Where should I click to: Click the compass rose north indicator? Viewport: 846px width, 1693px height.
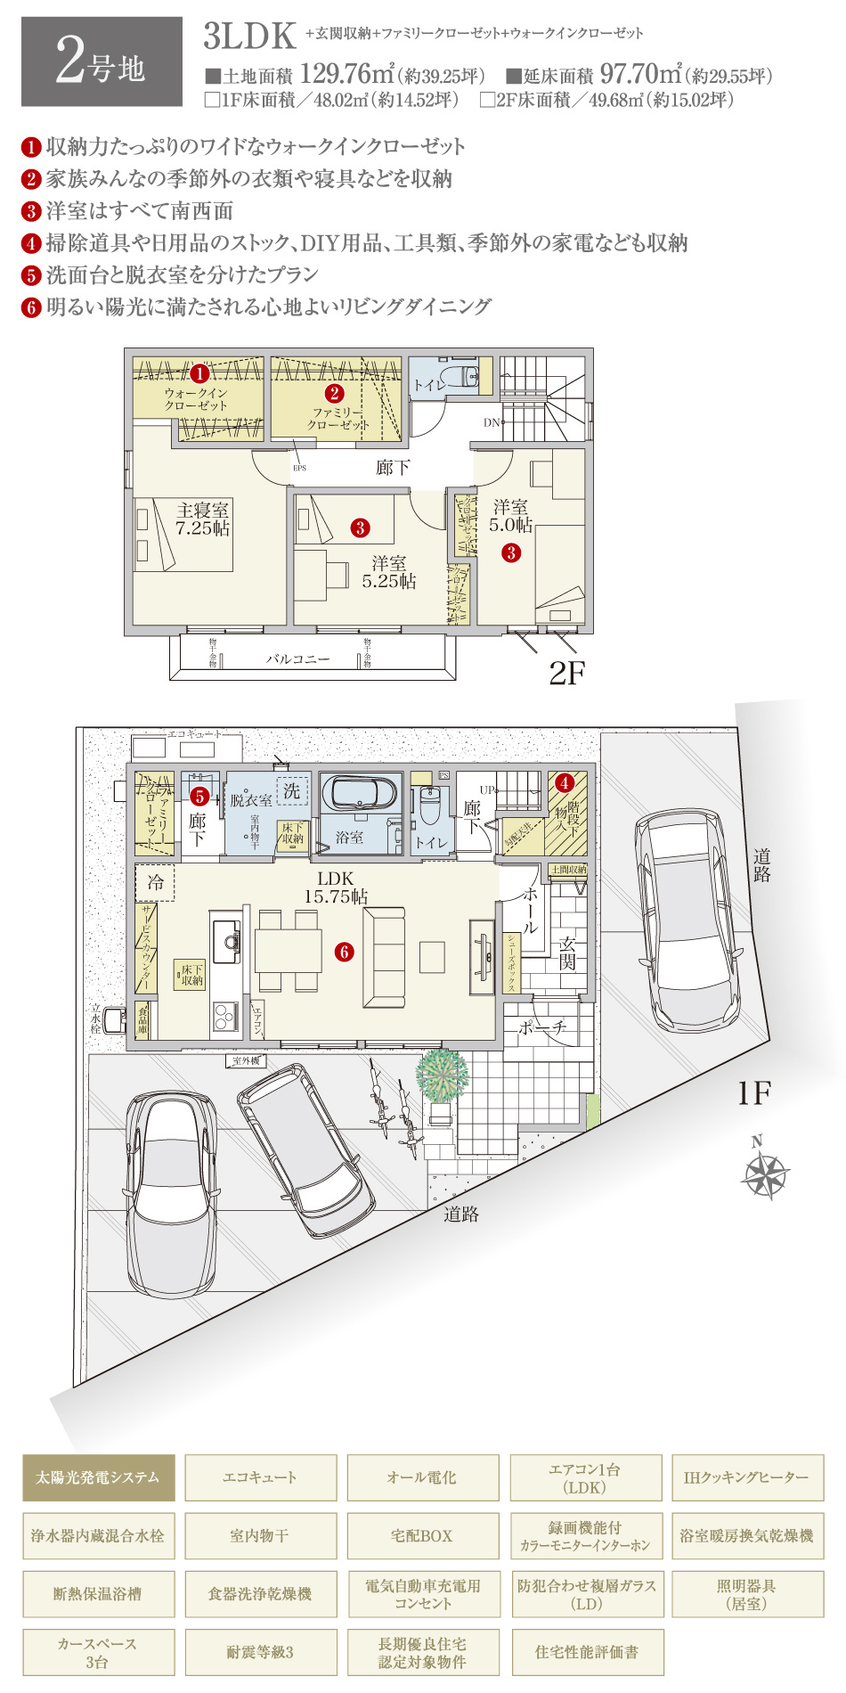tap(764, 1172)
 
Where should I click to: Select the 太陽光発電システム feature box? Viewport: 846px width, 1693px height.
tap(98, 1477)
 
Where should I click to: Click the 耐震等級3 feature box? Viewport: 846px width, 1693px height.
tap(260, 1652)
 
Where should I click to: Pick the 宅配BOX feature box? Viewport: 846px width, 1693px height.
tap(422, 1535)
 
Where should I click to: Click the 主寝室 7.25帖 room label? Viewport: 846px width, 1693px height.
tap(202, 519)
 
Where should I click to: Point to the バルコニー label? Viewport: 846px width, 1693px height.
tap(297, 659)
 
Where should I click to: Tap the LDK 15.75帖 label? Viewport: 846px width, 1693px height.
tap(336, 887)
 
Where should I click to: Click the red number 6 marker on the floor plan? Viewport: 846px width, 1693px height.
tap(345, 952)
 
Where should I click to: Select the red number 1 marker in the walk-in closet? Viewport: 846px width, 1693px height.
tap(199, 374)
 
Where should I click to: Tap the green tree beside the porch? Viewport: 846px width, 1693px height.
tap(442, 1076)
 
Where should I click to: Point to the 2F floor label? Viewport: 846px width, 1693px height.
tap(566, 673)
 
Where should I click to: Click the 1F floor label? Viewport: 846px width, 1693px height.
tap(753, 1093)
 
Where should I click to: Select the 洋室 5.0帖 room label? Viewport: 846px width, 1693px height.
tap(510, 516)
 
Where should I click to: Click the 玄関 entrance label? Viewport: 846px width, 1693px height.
tap(567, 953)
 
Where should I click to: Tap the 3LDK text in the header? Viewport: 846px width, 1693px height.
tap(249, 37)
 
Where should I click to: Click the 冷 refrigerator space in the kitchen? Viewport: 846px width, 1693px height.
tap(155, 882)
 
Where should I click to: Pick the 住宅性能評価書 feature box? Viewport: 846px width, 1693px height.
tap(585, 1652)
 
